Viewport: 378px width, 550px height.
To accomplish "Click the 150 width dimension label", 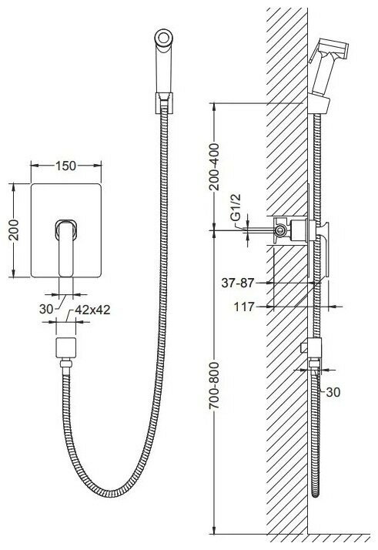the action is coord(65,166).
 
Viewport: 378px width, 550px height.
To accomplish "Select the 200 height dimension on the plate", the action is coord(14,230).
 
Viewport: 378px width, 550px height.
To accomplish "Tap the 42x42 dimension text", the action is coord(93,310).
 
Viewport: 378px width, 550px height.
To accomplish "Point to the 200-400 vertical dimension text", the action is coord(214,166).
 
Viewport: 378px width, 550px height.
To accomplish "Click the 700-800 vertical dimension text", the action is coord(214,386).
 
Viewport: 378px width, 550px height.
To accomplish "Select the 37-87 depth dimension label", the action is coord(237,283).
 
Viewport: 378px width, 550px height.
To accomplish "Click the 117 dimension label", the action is coord(244,307).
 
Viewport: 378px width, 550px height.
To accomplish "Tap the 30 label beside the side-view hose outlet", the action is coord(333,392).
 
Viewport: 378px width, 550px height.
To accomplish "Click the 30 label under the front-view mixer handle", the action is coord(46,309).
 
